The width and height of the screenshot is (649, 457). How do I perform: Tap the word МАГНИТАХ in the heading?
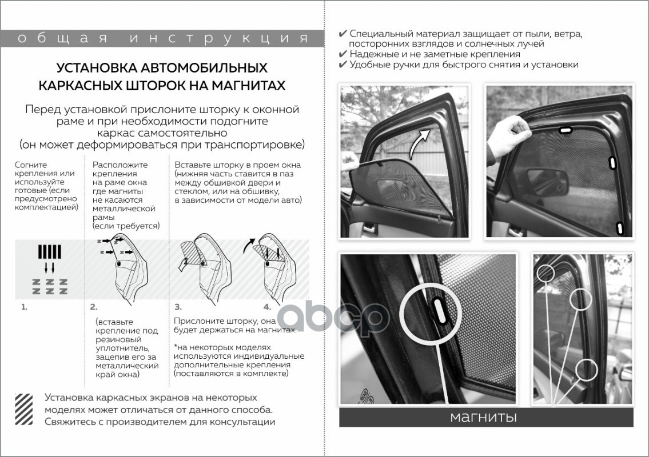pyautogui.click(x=244, y=86)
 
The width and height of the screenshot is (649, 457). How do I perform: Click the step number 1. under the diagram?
pyautogui.click(x=24, y=307)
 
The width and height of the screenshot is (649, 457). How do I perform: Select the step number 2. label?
pyautogui.click(x=94, y=307)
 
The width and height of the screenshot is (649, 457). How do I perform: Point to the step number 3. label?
pyautogui.click(x=178, y=307)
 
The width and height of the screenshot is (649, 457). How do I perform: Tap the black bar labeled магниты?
pyautogui.click(x=486, y=417)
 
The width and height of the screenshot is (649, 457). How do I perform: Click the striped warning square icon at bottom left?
pyautogui.click(x=25, y=408)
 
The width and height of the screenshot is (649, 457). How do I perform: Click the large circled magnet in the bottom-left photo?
pyautogui.click(x=435, y=311)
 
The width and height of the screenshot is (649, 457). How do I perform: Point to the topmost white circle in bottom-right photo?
pyautogui.click(x=545, y=273)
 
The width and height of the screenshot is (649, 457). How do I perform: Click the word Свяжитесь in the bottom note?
pyautogui.click(x=68, y=422)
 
